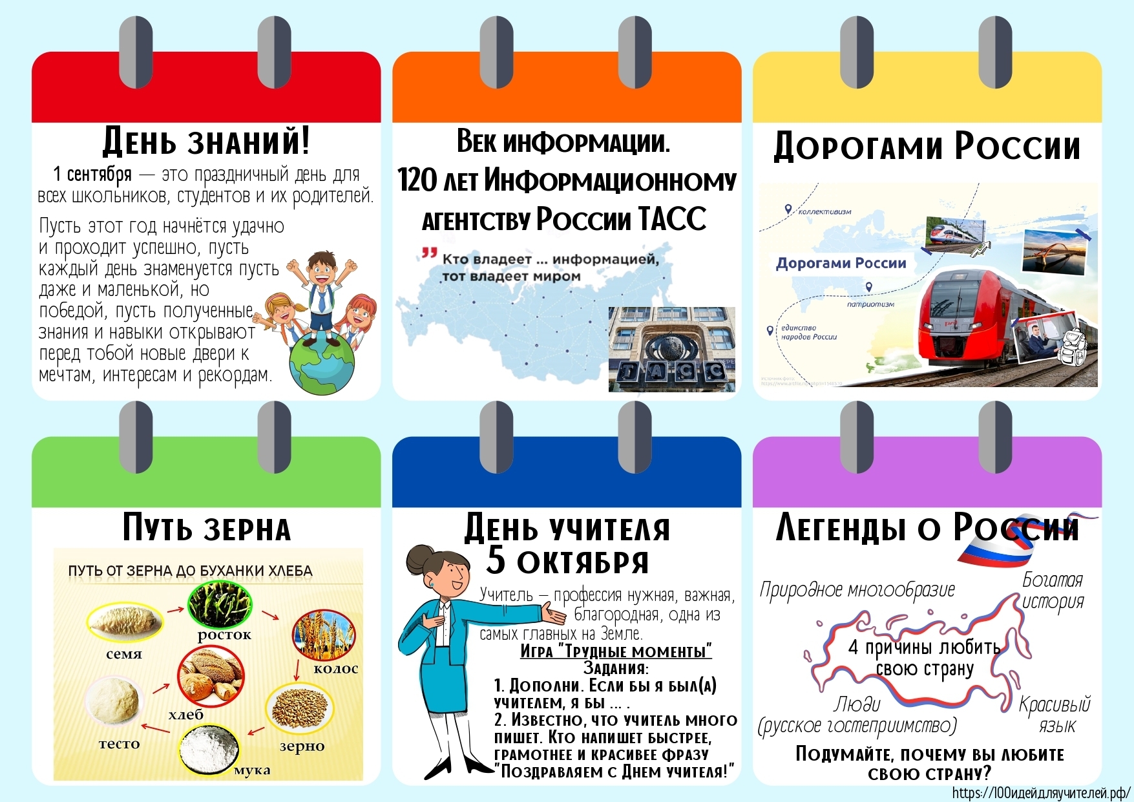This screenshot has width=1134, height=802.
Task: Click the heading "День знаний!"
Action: (206, 142)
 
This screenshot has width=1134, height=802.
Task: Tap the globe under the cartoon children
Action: (322, 363)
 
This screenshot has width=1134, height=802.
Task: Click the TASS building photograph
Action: (671, 349)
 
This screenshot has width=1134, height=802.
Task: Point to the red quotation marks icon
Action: (429, 253)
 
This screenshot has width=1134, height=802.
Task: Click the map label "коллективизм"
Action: (824, 211)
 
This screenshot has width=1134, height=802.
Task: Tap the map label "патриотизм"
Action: (870, 304)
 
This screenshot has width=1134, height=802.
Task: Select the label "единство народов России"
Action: (808, 332)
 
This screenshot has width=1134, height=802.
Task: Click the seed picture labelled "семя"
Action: (124, 622)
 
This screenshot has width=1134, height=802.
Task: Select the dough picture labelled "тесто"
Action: (112, 701)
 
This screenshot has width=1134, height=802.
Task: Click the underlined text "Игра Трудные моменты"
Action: (616, 651)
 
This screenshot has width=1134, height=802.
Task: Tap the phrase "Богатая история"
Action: (1053, 590)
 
